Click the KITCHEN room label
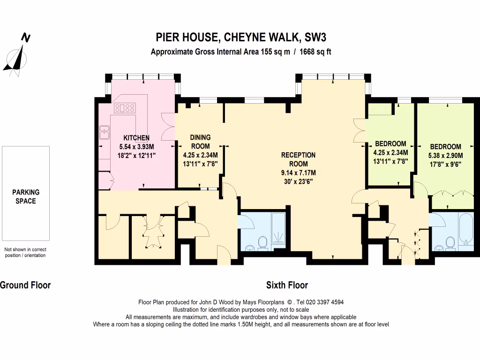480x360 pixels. point(136,138)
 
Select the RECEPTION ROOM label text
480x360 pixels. point(298,159)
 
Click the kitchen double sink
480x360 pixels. point(104,133)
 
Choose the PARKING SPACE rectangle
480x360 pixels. point(26,196)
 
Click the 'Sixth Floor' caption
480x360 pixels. point(287,285)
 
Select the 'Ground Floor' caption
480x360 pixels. point(25,285)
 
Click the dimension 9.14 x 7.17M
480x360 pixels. point(298,172)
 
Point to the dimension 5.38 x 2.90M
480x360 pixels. point(445,156)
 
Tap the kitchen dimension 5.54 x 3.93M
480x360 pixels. point(136,146)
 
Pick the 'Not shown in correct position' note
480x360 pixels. point(25,252)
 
